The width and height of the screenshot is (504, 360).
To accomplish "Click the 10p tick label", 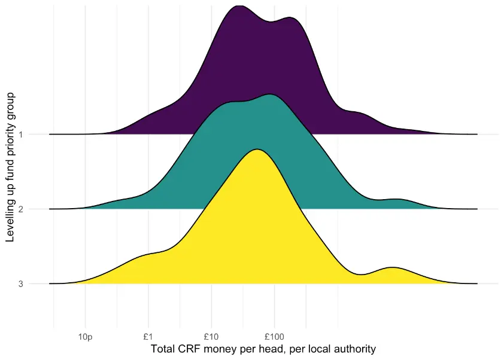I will tap(86, 337).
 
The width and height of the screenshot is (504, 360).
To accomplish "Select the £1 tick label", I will tap(148, 337).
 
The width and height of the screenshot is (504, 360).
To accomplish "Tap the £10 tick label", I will tap(211, 337).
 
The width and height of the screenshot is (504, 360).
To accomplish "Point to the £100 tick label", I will tap(274, 337).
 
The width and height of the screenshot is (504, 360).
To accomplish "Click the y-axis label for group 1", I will tap(22, 135).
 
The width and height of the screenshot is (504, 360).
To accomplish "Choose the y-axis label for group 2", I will tap(22, 209).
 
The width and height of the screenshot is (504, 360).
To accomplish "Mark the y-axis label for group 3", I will tap(22, 284).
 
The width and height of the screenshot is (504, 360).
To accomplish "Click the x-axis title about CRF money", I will tap(263, 349).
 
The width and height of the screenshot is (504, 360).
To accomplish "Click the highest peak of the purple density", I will tap(238, 6).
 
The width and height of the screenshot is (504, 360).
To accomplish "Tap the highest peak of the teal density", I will tap(271, 95).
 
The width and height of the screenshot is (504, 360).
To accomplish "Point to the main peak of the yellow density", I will tap(257, 150).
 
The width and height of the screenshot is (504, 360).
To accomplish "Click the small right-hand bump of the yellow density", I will tap(393, 268).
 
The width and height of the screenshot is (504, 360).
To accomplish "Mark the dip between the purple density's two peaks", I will tap(271, 22).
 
